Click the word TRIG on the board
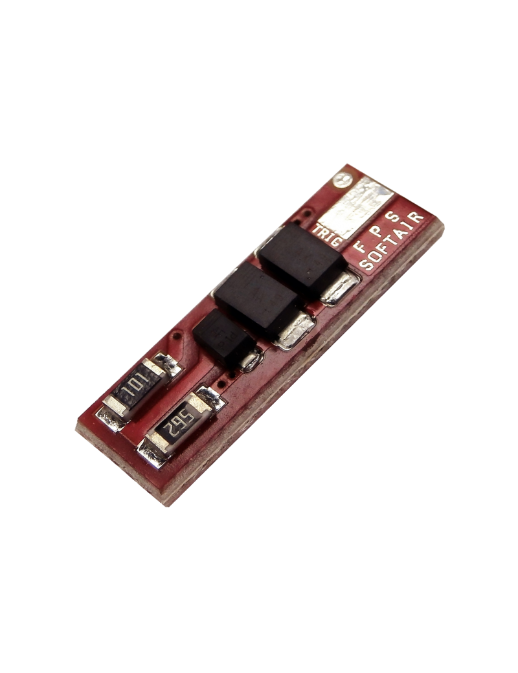coord(326,234)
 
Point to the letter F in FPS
coord(358,248)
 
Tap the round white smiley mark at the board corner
coord(343,181)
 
